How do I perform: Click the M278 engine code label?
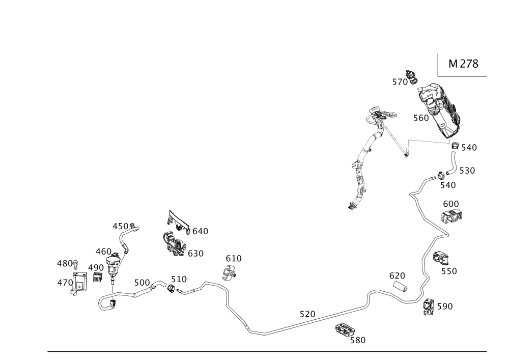(463, 64)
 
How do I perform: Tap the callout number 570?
(400, 82)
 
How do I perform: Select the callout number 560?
(421, 118)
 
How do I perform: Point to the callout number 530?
(467, 171)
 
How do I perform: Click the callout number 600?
(451, 204)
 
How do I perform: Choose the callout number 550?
(449, 272)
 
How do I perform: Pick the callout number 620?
(397, 275)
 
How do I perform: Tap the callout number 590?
(444, 306)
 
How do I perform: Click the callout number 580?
(358, 340)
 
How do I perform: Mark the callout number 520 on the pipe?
(307, 315)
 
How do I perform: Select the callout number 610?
(234, 259)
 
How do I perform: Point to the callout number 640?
(199, 231)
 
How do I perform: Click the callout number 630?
(195, 254)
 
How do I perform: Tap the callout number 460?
(103, 251)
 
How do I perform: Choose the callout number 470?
(65, 282)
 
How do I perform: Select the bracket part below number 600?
(452, 217)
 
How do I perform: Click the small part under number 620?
(401, 287)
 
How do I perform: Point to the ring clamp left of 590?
(429, 306)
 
